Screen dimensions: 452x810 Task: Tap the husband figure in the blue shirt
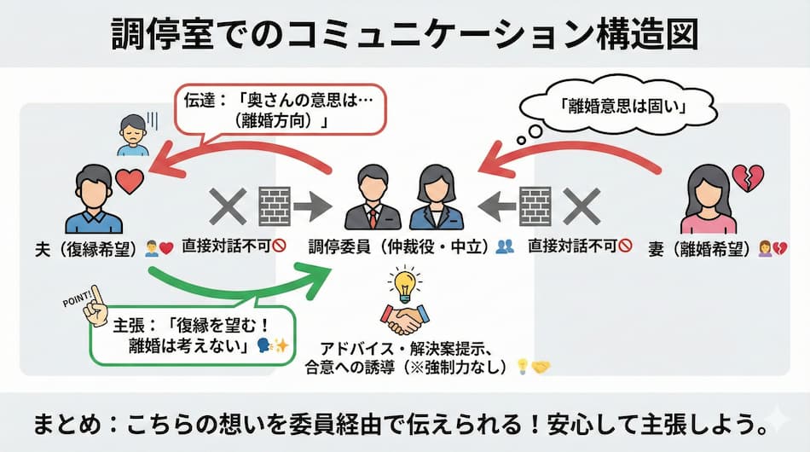coord(94,200)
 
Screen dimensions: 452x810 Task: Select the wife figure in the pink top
coord(709,200)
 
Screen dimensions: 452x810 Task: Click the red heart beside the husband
coord(130,181)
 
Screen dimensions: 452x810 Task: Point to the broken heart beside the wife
coord(747,178)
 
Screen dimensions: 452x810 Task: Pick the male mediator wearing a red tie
coord(373,198)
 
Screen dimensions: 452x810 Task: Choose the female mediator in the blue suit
coord(436,198)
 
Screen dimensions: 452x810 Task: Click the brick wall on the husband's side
coord(275,205)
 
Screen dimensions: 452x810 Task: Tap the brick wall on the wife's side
coord(535,205)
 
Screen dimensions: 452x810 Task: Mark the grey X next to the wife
coord(583,205)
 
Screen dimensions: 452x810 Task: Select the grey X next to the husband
coord(227,205)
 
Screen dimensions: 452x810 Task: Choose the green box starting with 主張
coord(192,334)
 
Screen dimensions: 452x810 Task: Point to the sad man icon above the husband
coord(133,135)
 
